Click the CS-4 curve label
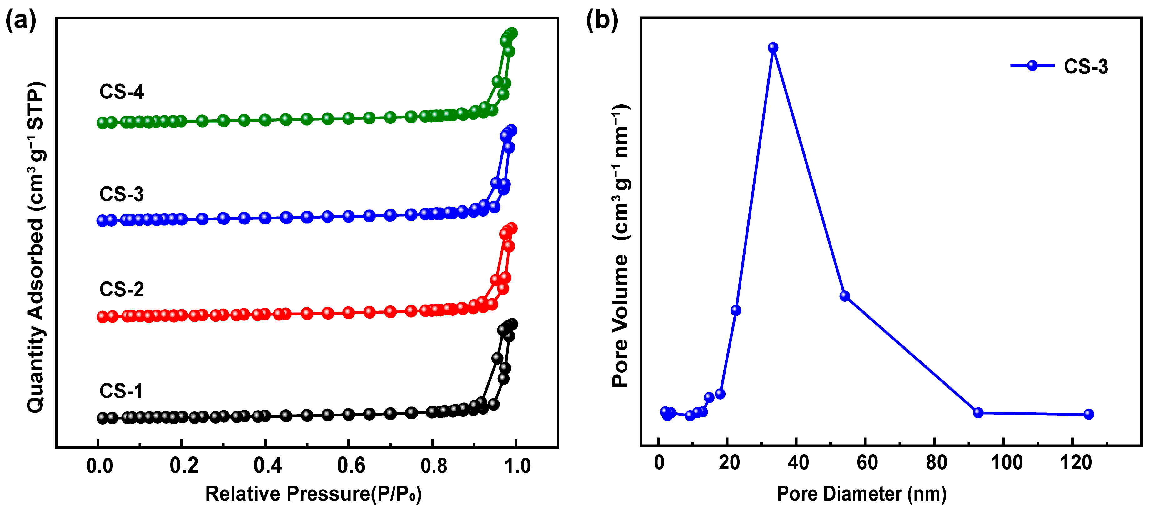(121, 92)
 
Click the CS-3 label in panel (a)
(121, 194)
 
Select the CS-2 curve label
(121, 289)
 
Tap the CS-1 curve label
(121, 391)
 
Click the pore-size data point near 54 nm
(844, 296)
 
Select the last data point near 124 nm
(1088, 414)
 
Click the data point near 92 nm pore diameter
(978, 413)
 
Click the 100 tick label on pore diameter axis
(1007, 462)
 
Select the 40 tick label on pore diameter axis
(798, 462)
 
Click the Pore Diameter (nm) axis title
(861, 494)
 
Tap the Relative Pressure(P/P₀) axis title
(314, 494)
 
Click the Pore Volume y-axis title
(620, 245)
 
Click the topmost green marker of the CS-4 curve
(512, 33)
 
